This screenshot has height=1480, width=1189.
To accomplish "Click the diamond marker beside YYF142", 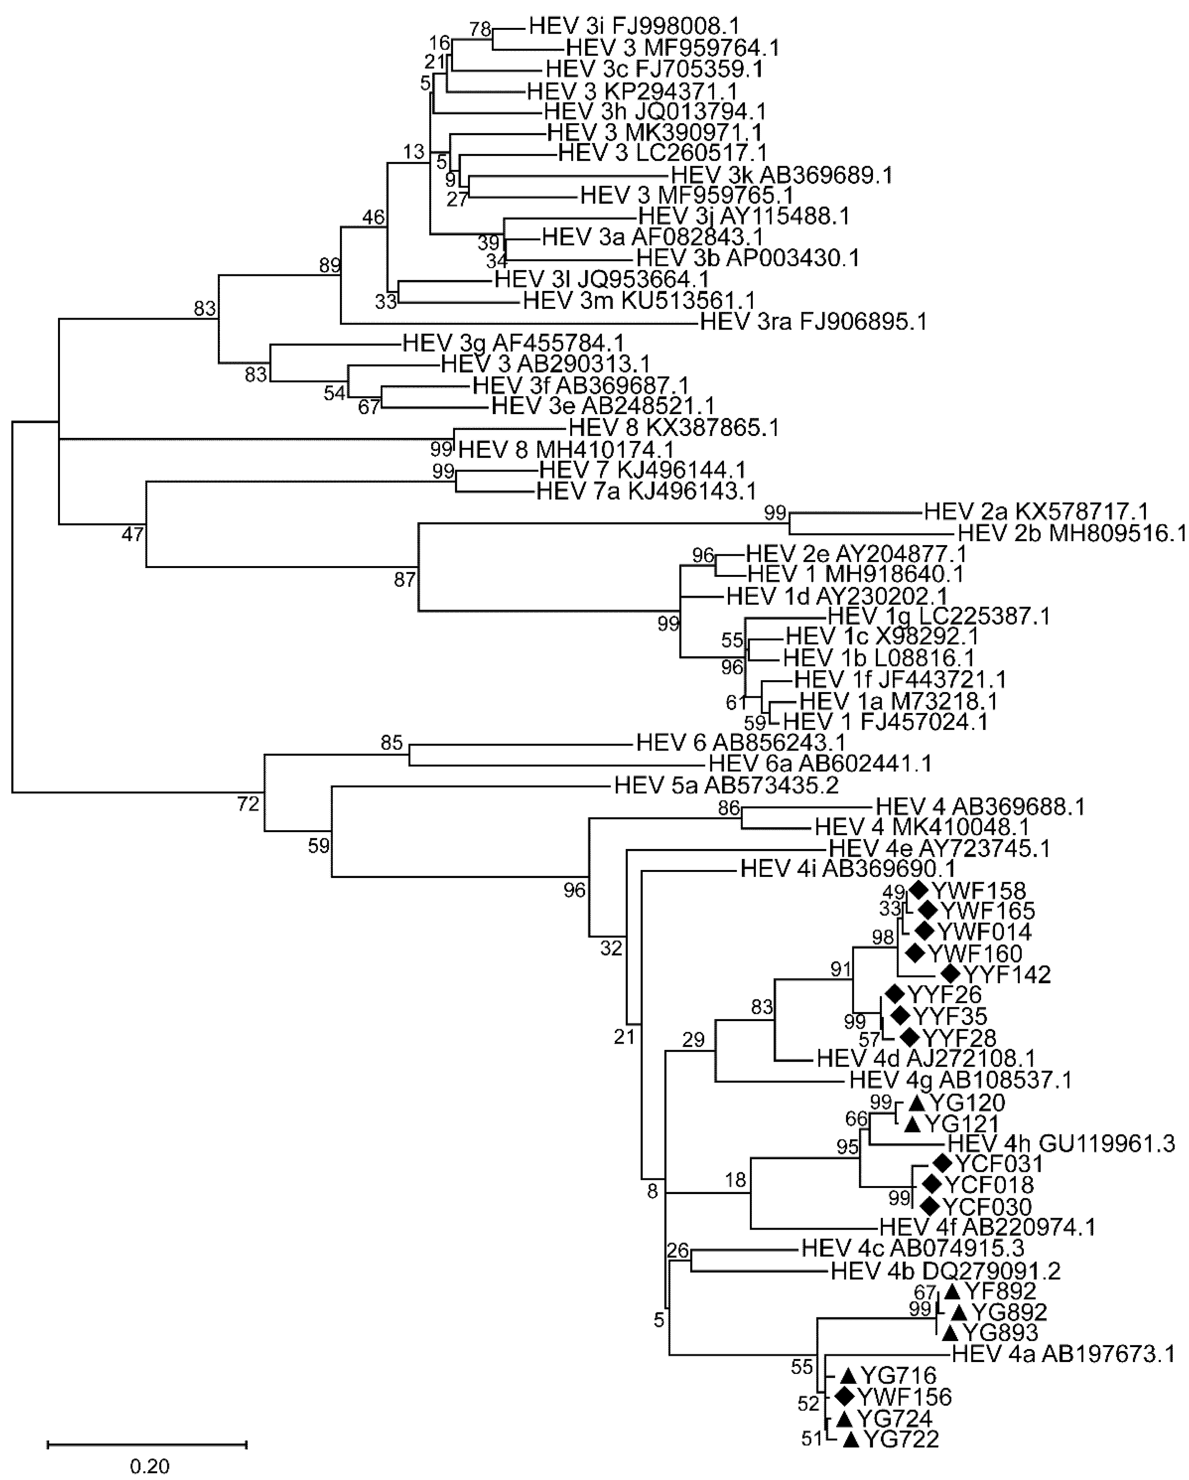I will [950, 973].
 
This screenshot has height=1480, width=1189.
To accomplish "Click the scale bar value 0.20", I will [150, 1466].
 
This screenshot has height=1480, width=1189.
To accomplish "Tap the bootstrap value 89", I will [330, 265].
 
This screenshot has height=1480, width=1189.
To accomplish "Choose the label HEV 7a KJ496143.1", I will [646, 491].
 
